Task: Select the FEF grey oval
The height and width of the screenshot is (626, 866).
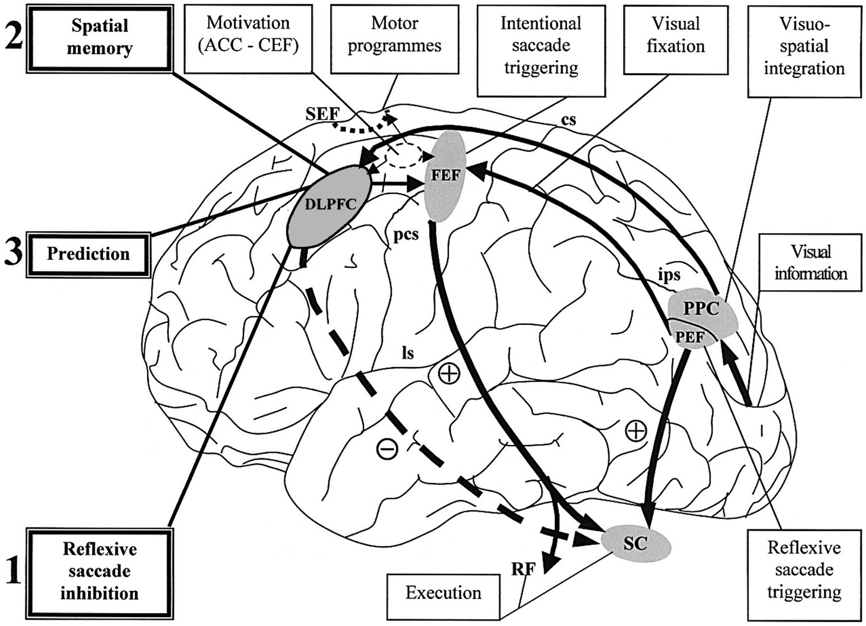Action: (445, 176)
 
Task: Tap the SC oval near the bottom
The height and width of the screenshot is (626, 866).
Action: (636, 543)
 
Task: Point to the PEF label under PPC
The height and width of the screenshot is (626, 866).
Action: (690, 338)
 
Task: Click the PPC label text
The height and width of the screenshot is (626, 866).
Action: (701, 309)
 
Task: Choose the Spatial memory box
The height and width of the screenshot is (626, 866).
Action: (99, 37)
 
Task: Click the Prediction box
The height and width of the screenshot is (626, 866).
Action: (88, 254)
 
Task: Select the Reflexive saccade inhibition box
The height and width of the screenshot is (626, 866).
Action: (99, 571)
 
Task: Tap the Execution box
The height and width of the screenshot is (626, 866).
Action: (443, 593)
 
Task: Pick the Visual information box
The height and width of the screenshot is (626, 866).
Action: (810, 263)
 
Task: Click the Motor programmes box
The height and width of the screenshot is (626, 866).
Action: (395, 35)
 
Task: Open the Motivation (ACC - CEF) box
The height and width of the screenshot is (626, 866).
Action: (248, 35)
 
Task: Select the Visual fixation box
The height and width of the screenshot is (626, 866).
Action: (675, 35)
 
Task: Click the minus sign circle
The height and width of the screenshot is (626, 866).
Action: (388, 448)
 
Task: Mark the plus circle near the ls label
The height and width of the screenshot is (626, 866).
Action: (449, 374)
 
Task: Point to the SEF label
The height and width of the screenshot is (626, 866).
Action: (322, 114)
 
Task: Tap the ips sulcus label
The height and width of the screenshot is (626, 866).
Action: (669, 275)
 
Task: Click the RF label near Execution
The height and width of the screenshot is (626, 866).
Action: (523, 569)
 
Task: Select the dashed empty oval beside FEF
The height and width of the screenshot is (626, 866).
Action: (405, 157)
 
